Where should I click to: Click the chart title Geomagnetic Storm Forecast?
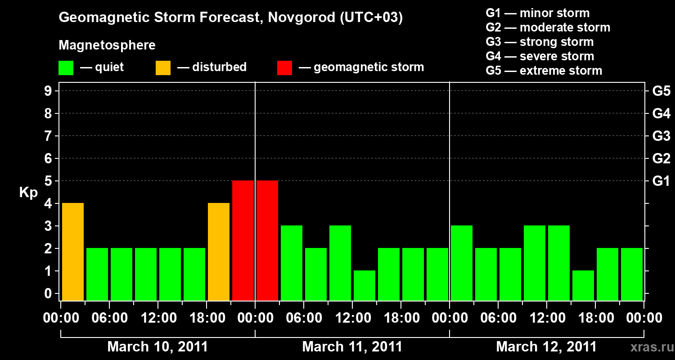coord(230,18)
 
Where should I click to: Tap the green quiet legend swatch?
coord(66,68)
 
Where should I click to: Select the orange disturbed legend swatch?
coord(163,68)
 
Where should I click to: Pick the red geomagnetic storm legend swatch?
coord(284,68)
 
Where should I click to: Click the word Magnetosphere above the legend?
coord(107,45)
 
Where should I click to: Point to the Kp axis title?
coord(28,193)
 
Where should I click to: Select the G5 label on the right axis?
coord(661,91)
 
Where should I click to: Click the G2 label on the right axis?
coord(661,159)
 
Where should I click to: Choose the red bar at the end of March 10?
coord(243,240)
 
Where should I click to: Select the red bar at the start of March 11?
coord(267,240)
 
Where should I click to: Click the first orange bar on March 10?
coord(73,252)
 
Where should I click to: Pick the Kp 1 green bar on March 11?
coord(364,285)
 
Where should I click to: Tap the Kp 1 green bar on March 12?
coord(583,285)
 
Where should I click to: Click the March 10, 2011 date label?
coord(157,347)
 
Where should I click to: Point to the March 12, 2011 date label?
coord(546,347)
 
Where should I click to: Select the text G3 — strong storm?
coord(540,42)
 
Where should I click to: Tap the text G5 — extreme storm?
coord(544,71)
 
